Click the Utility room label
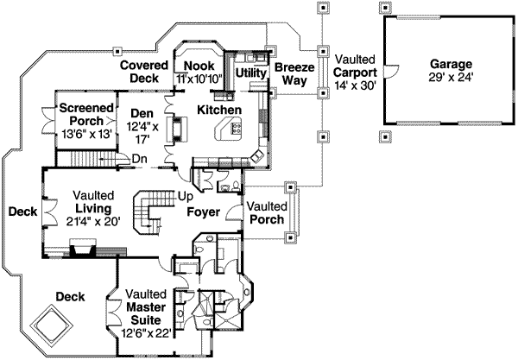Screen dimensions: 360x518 (250, 73)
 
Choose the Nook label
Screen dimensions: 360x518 (199, 65)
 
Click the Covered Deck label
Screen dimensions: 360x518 (142, 72)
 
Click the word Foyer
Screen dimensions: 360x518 (205, 212)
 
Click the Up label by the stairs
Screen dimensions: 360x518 (185, 197)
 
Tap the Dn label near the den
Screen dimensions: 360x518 (139, 158)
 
